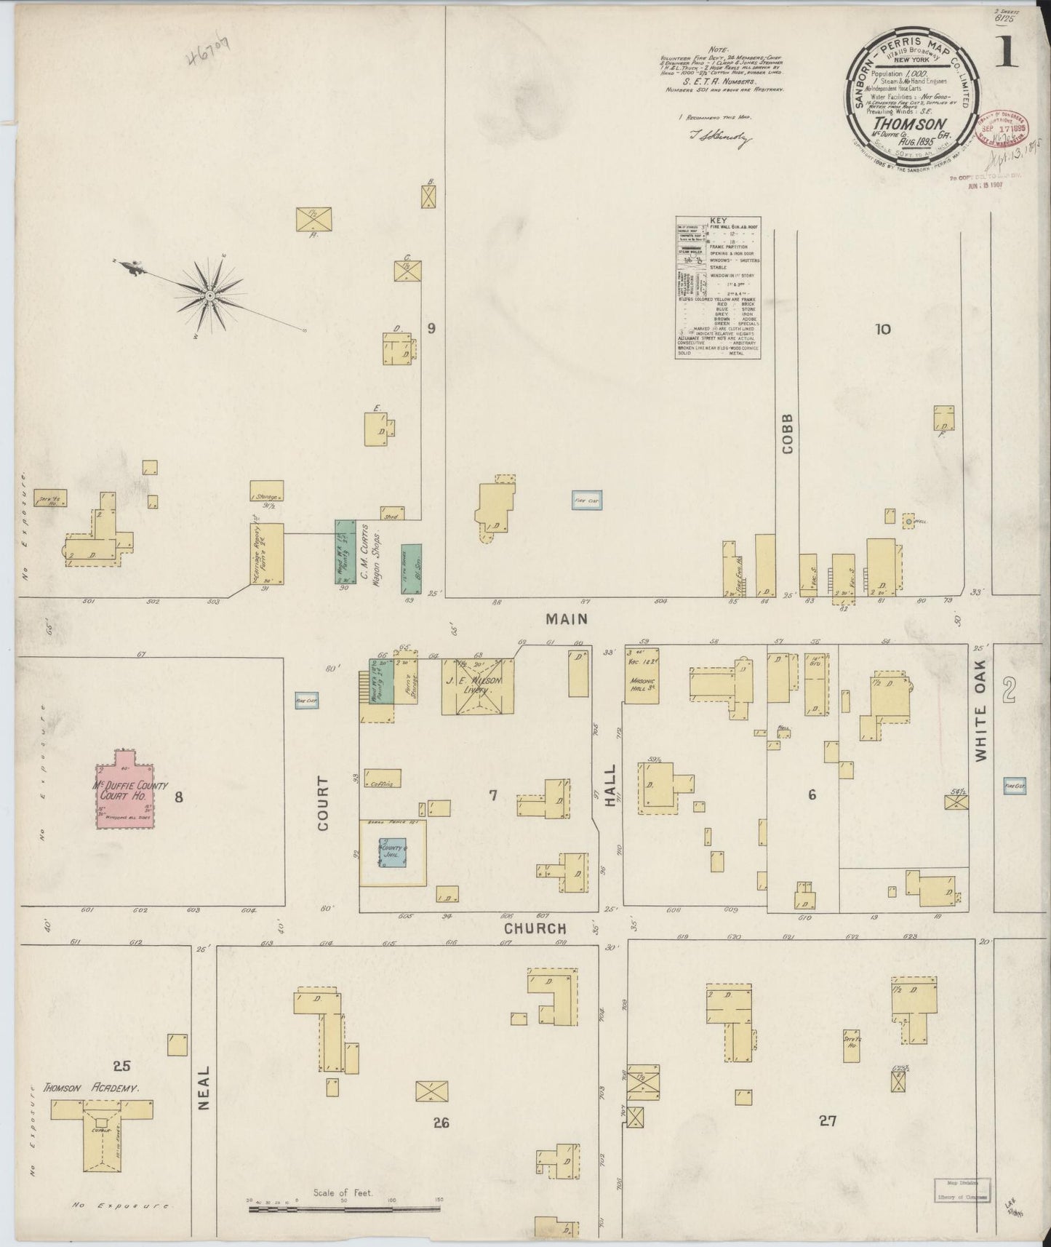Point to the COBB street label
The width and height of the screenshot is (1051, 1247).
tap(787, 434)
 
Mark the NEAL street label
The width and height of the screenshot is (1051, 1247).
tap(204, 1088)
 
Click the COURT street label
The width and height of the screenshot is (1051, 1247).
tap(323, 803)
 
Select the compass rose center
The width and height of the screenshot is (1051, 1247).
tap(209, 295)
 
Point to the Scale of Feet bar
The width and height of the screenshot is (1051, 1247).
tap(344, 1210)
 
